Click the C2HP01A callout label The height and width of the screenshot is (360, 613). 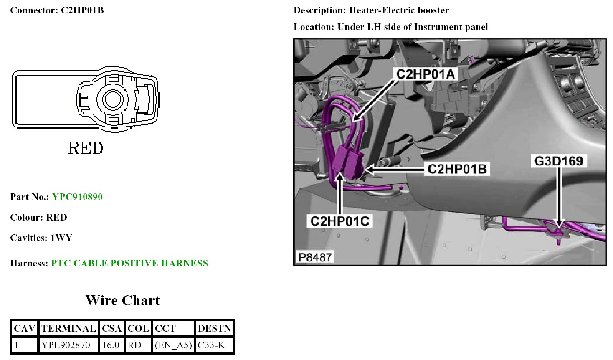(x=425, y=74)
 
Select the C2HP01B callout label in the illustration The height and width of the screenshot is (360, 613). (x=457, y=169)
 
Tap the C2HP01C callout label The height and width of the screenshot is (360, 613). (x=339, y=221)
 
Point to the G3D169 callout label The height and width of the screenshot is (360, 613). (x=558, y=161)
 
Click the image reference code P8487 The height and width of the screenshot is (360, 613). (x=315, y=257)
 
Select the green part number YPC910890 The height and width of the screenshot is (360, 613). (x=77, y=197)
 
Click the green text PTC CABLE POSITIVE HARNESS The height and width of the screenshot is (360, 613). (x=129, y=263)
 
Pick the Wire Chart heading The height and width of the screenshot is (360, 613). (x=122, y=300)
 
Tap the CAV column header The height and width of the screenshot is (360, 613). (x=24, y=328)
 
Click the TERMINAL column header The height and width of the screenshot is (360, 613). (x=68, y=328)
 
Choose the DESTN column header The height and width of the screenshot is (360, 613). (x=214, y=328)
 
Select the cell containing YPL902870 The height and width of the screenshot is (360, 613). (x=66, y=345)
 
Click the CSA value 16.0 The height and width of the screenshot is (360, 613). (x=111, y=345)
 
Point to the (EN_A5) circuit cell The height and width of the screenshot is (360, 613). (x=173, y=345)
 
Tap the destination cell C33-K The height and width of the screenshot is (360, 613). (x=211, y=345)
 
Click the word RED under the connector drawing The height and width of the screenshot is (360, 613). (x=86, y=148)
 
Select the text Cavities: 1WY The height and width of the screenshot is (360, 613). (x=41, y=238)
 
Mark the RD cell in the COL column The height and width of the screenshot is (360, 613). (x=134, y=345)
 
